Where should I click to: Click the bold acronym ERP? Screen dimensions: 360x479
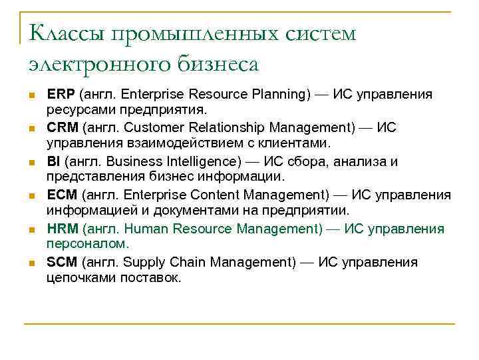pyautogui.click(x=61, y=94)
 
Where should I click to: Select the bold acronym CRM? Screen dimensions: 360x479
pyautogui.click(x=62, y=127)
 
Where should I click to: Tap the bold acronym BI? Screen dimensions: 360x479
pyautogui.click(x=54, y=161)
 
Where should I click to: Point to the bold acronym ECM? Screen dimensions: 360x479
pyautogui.click(x=62, y=195)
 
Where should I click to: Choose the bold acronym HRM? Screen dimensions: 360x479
pyautogui.click(x=63, y=229)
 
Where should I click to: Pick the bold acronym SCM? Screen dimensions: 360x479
pyautogui.click(x=62, y=262)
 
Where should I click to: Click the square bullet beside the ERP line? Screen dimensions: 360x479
pyautogui.click(x=31, y=95)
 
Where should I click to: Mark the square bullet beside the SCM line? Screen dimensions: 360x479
pyautogui.click(x=31, y=263)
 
